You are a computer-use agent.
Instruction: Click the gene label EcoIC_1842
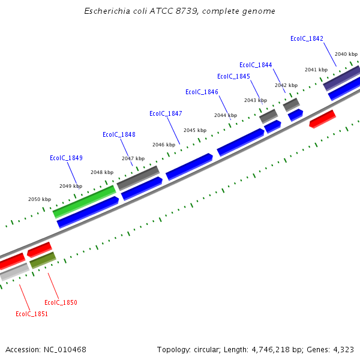307,38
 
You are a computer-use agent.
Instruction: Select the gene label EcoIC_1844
256,65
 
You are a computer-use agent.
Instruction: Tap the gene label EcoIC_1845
233,76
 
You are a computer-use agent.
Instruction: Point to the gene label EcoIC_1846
202,92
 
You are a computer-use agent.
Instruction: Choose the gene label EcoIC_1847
166,113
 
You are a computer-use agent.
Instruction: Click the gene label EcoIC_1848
119,134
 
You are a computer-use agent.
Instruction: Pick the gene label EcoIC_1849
66,158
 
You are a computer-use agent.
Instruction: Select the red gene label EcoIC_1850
61,302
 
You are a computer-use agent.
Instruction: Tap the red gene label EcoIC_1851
32,313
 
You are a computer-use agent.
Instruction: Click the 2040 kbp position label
346,54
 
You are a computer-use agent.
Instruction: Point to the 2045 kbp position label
195,130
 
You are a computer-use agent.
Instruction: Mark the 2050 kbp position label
40,199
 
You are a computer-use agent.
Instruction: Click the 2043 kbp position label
256,100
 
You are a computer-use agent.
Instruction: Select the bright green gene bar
84,202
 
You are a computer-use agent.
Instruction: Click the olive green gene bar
43,260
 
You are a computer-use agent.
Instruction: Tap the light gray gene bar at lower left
14,272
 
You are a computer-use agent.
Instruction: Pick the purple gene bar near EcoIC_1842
341,79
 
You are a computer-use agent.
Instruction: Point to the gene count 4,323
343,349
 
